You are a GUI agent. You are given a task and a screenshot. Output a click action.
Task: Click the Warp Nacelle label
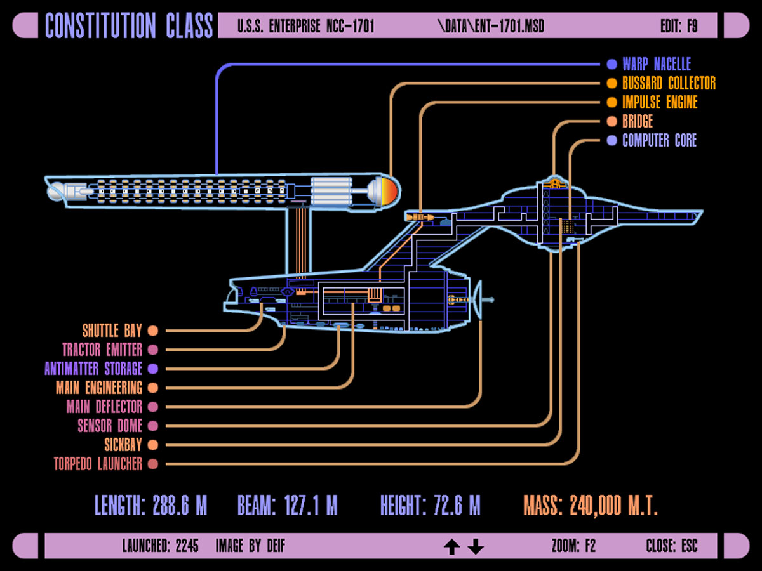pyautogui.click(x=656, y=64)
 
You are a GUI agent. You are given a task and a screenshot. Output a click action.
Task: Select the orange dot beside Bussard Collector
pyautogui.click(x=612, y=83)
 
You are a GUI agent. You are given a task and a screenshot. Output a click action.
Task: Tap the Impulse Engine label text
pyautogui.click(x=659, y=102)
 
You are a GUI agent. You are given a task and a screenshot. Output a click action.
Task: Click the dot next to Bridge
pyautogui.click(x=612, y=121)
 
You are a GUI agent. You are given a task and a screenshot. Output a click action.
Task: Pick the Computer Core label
pyautogui.click(x=658, y=140)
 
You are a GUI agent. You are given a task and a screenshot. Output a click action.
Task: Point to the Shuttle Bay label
pyautogui.click(x=112, y=331)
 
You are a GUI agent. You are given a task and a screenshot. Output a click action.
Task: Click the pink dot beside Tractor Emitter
pyautogui.click(x=153, y=350)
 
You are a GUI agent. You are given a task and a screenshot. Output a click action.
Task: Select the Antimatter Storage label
pyautogui.click(x=93, y=369)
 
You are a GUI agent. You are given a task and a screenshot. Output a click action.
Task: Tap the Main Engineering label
pyautogui.click(x=98, y=388)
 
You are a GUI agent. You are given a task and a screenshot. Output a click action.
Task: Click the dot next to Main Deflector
pyautogui.click(x=153, y=407)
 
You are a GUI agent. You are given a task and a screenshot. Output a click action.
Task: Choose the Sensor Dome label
pyautogui.click(x=110, y=426)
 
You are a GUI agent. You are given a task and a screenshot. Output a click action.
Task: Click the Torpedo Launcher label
pyautogui.click(x=98, y=464)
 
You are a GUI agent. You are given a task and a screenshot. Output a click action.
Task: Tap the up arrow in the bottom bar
pyautogui.click(x=451, y=546)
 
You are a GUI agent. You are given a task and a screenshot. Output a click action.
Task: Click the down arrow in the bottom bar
pyautogui.click(x=476, y=546)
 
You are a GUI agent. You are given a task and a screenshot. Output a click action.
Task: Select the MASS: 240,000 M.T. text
pyautogui.click(x=591, y=506)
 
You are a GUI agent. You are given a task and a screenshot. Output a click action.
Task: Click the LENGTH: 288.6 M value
pyautogui.click(x=150, y=506)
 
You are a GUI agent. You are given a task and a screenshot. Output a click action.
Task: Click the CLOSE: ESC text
pyautogui.click(x=672, y=546)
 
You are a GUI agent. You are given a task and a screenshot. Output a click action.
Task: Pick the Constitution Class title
pyautogui.click(x=129, y=26)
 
